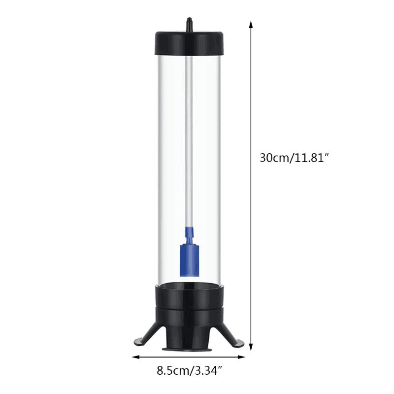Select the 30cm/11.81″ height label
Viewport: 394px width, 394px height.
click(x=294, y=158)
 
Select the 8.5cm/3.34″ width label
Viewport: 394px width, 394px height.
click(x=192, y=370)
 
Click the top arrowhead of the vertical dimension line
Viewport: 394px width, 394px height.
click(x=251, y=25)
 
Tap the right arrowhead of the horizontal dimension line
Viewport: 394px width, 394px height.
click(x=244, y=356)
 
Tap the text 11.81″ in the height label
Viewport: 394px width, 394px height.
click(x=311, y=158)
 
